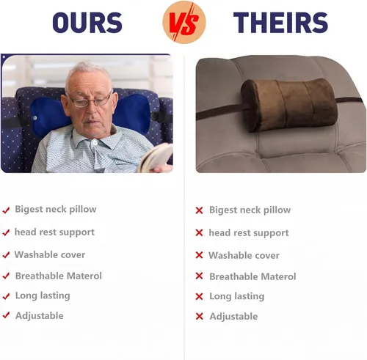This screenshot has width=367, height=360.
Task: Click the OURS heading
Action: click(87, 23)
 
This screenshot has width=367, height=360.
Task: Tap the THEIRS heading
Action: click(280, 23)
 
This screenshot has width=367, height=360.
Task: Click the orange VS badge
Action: click(184, 22)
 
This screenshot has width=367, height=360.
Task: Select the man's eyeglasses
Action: click(90, 100)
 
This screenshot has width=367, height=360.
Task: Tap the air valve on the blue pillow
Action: click(35, 118)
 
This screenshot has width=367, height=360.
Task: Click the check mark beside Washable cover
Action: click(6, 255)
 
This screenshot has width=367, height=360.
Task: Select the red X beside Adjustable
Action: click(200, 316)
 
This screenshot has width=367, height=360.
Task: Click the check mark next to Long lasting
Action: click(6, 296)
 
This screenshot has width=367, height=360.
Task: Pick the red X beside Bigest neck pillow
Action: click(199, 210)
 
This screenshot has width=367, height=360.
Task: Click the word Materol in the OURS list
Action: click(84, 276)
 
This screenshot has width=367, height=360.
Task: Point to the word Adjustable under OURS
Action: click(40, 316)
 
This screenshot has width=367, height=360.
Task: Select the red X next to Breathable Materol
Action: click(199, 276)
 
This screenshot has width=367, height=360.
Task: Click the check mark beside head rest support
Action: click(6, 232)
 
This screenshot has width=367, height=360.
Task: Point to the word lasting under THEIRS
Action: click(250, 296)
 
